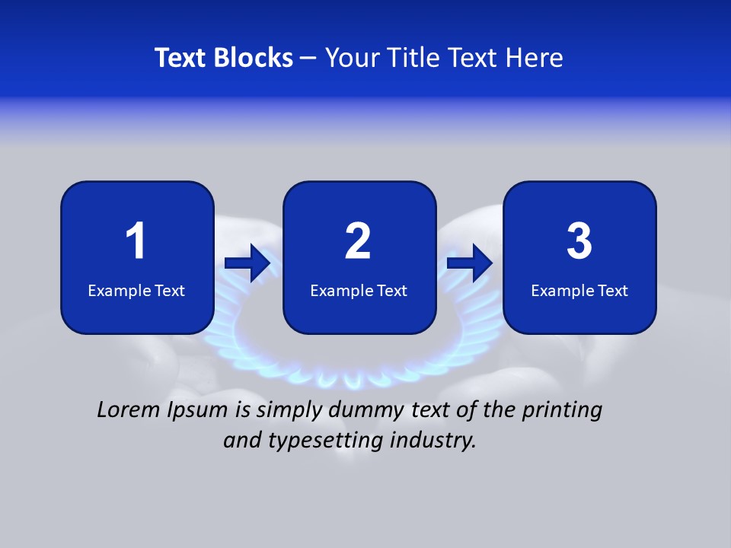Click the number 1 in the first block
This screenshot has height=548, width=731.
[136, 241]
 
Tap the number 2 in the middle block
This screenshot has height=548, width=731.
[358, 241]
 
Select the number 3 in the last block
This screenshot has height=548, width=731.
[579, 241]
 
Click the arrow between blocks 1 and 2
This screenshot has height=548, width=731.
[247, 264]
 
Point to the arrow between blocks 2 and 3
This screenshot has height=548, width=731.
[470, 264]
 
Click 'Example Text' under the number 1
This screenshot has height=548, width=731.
[136, 291]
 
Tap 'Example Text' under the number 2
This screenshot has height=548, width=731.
[359, 291]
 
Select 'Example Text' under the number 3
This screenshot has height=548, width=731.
[579, 291]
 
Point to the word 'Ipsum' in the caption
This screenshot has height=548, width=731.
[196, 411]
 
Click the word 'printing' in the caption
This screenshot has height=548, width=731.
[562, 411]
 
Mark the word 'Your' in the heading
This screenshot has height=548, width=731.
[352, 58]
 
